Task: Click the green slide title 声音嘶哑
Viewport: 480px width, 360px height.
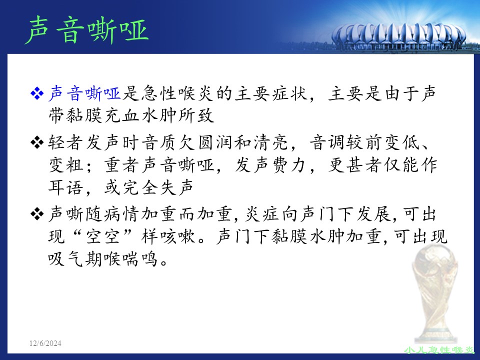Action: click(87, 30)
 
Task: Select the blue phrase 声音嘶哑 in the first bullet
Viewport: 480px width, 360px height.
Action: click(85, 93)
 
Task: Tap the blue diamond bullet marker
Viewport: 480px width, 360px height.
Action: click(37, 93)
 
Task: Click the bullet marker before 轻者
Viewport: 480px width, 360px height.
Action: click(37, 142)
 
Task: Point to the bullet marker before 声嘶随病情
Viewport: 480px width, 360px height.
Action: click(37, 214)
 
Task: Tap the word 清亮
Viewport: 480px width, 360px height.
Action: click(271, 142)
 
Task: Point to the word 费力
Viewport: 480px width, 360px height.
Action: click(289, 165)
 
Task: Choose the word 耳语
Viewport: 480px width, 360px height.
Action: click(65, 187)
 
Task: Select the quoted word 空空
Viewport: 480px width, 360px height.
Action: click(103, 236)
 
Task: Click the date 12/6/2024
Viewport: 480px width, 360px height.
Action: click(45, 343)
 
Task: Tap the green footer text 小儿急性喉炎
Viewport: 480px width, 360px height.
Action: click(439, 349)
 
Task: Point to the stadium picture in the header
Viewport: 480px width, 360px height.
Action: click(398, 36)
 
